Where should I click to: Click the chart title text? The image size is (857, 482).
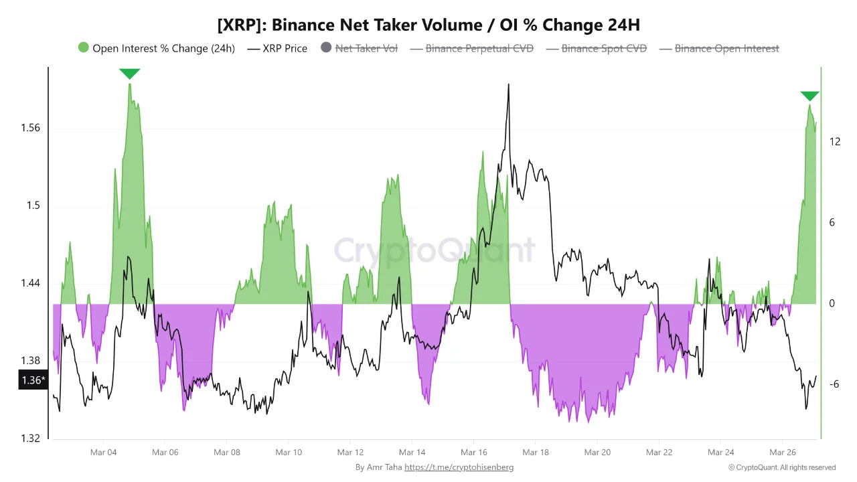pyautogui.click(x=428, y=25)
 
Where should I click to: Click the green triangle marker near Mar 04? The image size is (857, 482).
pyautogui.click(x=129, y=74)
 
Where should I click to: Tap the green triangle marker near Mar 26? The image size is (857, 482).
pyautogui.click(x=809, y=96)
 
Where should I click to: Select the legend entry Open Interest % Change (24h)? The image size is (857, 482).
pyautogui.click(x=157, y=48)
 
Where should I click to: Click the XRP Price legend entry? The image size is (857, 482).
pyautogui.click(x=278, y=48)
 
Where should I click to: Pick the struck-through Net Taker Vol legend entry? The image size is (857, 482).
pyautogui.click(x=360, y=48)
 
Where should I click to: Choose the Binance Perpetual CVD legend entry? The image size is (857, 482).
pyautogui.click(x=472, y=48)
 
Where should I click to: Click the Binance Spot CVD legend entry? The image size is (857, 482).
pyautogui.click(x=597, y=48)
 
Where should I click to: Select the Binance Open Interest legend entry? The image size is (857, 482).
pyautogui.click(x=720, y=48)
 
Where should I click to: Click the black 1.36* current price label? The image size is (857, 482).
pyautogui.click(x=33, y=380)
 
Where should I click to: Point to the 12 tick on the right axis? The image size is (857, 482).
pyautogui.click(x=834, y=141)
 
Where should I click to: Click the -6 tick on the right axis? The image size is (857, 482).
pyautogui.click(x=834, y=384)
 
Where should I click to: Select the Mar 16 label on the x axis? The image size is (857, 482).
pyautogui.click(x=473, y=453)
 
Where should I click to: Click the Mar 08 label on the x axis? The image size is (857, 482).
pyautogui.click(x=226, y=453)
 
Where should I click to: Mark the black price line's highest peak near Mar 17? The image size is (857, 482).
pyautogui.click(x=509, y=85)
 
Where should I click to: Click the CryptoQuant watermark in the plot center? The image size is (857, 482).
pyautogui.click(x=435, y=250)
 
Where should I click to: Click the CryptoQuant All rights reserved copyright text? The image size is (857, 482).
pyautogui.click(x=782, y=467)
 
